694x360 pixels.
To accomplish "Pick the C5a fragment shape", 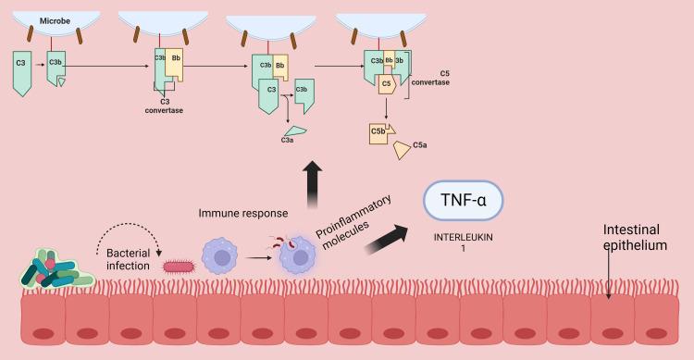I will pyautogui.click(x=405, y=150).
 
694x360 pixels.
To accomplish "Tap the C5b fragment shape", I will pyautogui.click(x=380, y=132).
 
